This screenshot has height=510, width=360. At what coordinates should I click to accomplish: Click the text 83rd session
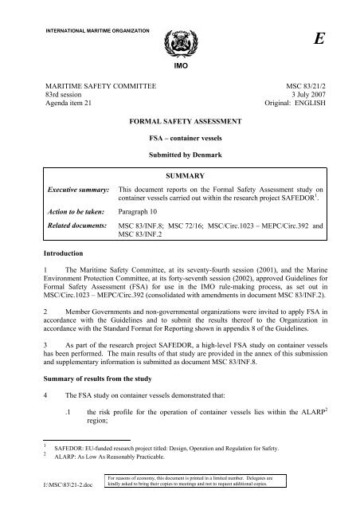pyautogui.click(x=61, y=86)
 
